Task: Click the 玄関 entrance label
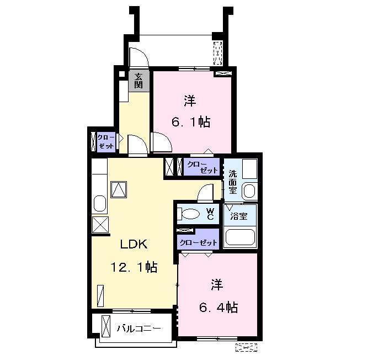[138, 81]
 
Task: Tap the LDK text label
[134, 244]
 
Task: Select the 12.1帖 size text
[134, 267]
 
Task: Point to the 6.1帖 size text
[191, 122]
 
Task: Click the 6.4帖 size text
[219, 307]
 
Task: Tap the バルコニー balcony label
[138, 329]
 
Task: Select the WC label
[210, 214]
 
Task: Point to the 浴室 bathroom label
[239, 216]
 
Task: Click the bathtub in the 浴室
[240, 237]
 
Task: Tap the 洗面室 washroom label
[233, 182]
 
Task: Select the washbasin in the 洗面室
[249, 191]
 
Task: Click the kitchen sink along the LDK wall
[100, 204]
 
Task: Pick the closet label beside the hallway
[106, 142]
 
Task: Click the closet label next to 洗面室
[202, 167]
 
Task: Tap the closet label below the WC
[198, 242]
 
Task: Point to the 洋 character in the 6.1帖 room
[190, 100]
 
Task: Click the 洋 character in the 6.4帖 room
[217, 285]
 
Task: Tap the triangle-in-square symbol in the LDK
[119, 190]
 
